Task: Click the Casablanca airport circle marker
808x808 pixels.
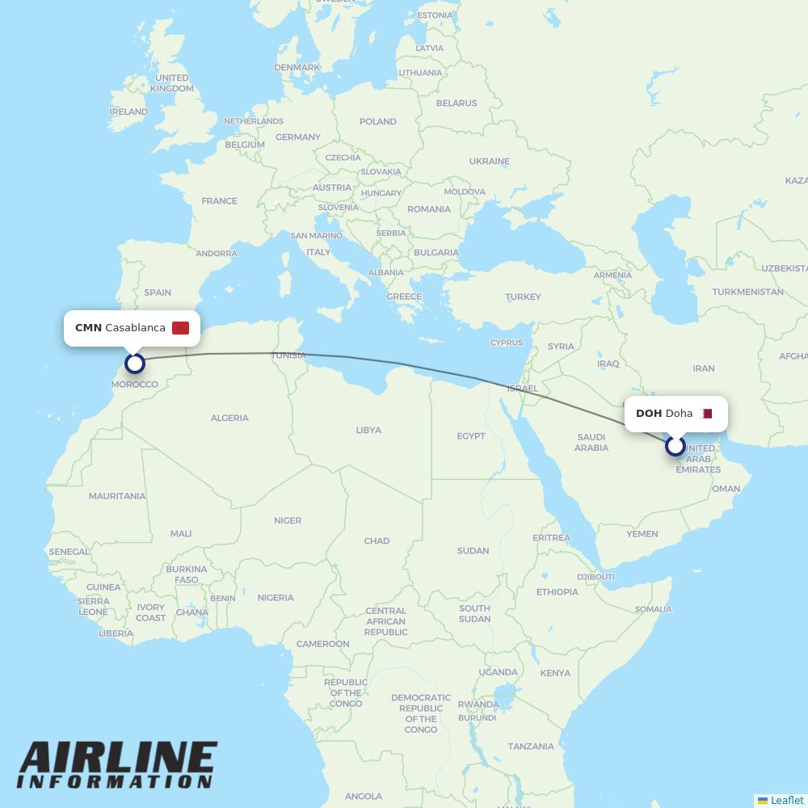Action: pos(135,364)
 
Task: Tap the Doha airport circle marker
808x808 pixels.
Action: pos(675,446)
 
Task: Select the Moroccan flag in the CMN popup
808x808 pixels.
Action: pos(180,327)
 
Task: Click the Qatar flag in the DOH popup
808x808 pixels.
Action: pos(707,414)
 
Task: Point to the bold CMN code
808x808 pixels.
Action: pos(88,327)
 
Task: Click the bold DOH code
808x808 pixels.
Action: pos(649,414)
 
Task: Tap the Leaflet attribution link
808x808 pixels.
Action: pos(786,800)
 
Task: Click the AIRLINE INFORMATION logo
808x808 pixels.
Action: pos(117,764)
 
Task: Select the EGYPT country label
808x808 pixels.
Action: pos(471,436)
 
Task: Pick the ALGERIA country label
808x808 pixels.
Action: pos(229,418)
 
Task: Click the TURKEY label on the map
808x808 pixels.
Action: pos(523,297)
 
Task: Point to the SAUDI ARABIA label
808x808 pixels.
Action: pos(591,442)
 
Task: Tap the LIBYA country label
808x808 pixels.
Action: pos(368,430)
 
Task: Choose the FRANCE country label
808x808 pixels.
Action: pos(219,200)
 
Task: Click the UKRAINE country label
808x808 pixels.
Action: pos(490,161)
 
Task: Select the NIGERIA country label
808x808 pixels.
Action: pos(276,598)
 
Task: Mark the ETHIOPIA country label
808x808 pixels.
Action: pos(558,591)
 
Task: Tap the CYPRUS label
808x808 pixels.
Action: pos(507,343)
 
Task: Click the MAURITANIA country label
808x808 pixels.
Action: pos(117,496)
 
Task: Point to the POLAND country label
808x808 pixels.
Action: pos(378,121)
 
